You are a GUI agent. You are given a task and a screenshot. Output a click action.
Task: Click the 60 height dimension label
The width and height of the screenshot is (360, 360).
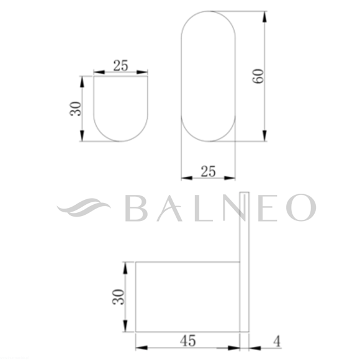258,76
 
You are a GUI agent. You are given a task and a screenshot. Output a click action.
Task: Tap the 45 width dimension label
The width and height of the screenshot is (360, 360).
188,341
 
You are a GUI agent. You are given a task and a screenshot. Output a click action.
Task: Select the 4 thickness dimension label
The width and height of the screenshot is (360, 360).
277,341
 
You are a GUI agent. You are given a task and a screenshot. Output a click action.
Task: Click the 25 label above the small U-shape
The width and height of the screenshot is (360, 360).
120,66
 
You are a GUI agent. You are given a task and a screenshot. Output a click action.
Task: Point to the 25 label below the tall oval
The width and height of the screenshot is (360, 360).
208,171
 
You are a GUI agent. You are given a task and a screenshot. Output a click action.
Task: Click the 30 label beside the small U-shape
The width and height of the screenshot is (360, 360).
76,109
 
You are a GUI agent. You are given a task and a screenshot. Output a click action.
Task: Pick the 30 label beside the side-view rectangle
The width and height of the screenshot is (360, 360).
118,297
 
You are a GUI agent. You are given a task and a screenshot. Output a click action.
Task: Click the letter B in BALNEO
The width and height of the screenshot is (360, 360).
136,208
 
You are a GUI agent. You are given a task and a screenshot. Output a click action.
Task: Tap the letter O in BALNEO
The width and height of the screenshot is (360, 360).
301,207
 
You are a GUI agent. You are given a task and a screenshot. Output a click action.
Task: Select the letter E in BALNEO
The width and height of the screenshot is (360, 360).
268,208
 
